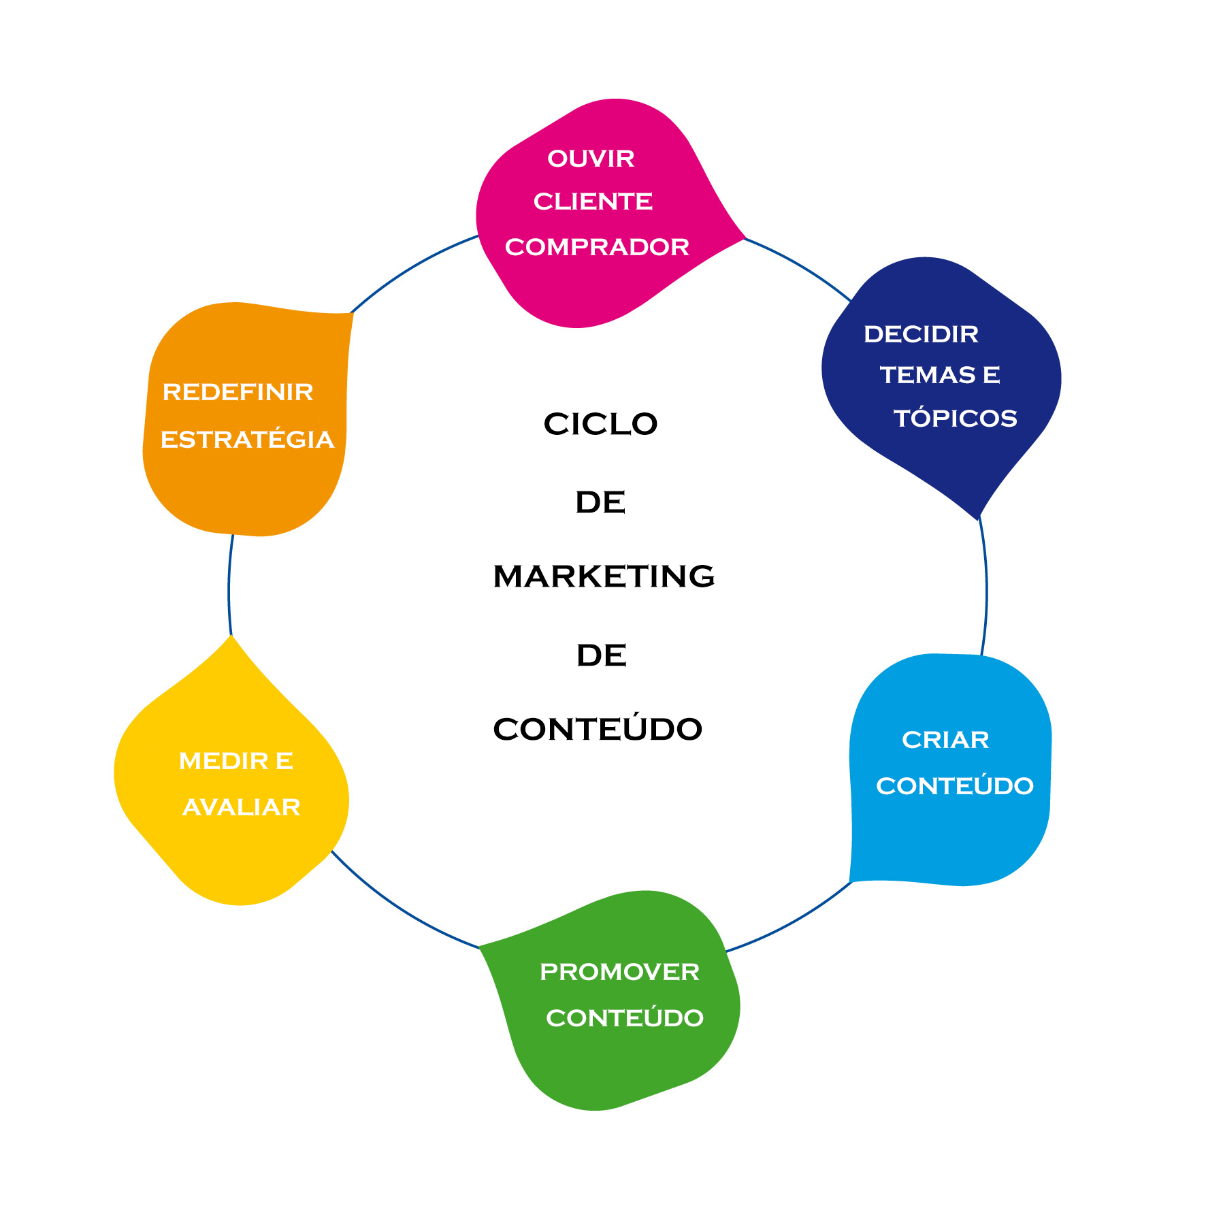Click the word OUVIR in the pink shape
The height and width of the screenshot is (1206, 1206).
tap(591, 159)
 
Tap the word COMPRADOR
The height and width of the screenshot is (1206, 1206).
tap(597, 247)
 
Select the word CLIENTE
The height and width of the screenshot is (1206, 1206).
tap(593, 201)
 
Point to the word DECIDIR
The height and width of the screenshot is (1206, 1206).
tap(921, 334)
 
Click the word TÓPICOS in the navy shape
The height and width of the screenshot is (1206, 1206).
tap(956, 418)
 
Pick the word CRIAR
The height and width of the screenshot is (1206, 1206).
tap(945, 740)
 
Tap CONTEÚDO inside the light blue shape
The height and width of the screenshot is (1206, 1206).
tap(955, 786)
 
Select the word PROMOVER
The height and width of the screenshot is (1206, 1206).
tap(619, 972)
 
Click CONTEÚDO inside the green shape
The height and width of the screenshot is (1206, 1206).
tap(625, 1018)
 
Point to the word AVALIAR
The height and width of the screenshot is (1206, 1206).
tap(242, 807)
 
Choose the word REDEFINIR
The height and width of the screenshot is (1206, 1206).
tap(238, 392)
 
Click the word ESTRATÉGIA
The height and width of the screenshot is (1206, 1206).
tap(247, 440)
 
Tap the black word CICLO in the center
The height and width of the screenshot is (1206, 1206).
tap(600, 424)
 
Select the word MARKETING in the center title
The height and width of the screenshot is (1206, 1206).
tap(604, 576)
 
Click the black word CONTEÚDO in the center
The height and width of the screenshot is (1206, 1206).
tap(598, 729)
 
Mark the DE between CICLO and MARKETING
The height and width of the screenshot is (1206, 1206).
tap(600, 502)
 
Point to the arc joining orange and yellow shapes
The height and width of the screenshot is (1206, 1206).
tap(229, 585)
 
